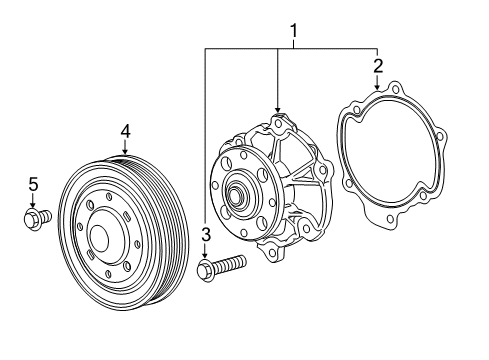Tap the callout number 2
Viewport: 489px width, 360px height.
[x=377, y=67]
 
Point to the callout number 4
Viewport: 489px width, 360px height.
[x=125, y=130]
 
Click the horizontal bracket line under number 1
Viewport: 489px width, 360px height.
[x=290, y=48]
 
